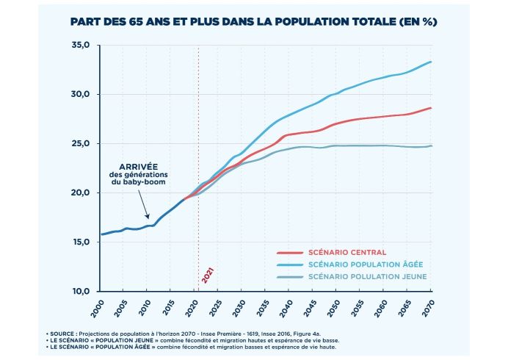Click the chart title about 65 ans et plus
pyautogui.click(x=253, y=21)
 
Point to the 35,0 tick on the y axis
pyautogui.click(x=80, y=46)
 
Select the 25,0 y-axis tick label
pyautogui.click(x=80, y=143)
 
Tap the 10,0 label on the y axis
pyautogui.click(x=80, y=291)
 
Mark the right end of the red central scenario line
pyautogui.click(x=430, y=108)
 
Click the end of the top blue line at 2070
pyautogui.click(x=430, y=62)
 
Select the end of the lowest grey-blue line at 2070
pyautogui.click(x=430, y=145)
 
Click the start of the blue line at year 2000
pyautogui.click(x=101, y=234)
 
